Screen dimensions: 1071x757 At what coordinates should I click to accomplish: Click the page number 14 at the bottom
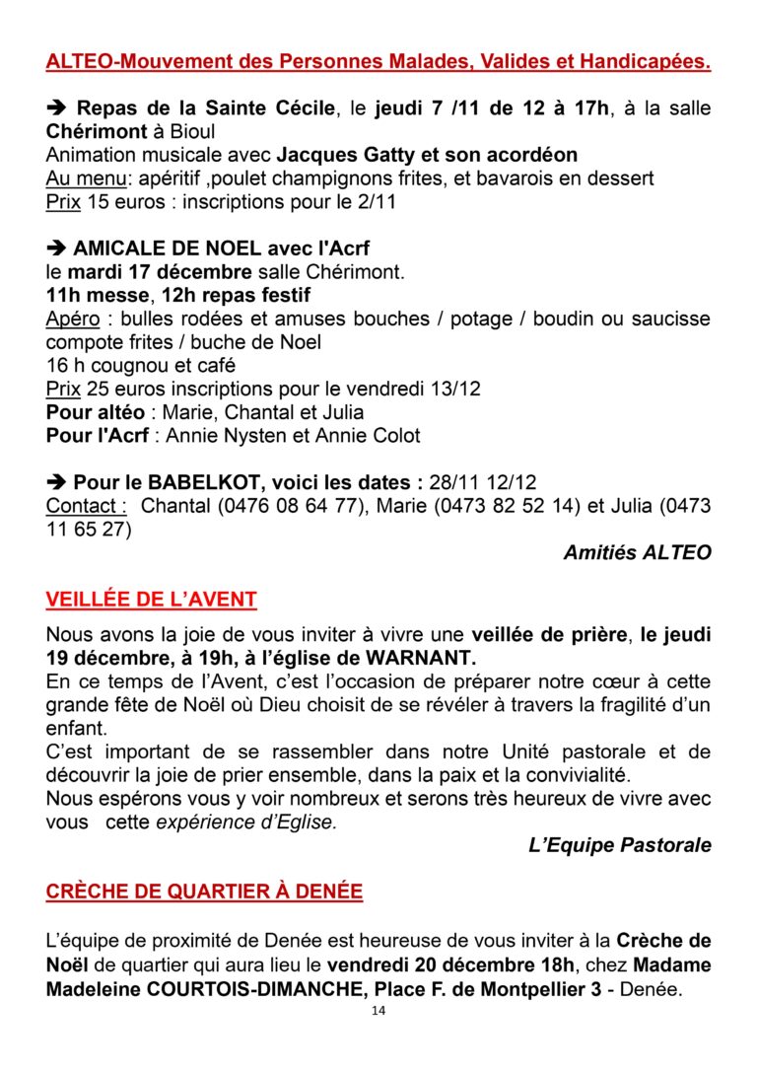[378, 1012]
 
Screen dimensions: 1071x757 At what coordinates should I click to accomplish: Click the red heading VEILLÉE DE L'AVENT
[151, 599]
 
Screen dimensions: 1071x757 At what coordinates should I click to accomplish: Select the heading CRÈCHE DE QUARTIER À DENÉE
[204, 892]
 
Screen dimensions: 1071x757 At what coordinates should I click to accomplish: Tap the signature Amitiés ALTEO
[637, 552]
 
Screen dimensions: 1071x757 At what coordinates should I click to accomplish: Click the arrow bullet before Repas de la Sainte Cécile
[56, 108]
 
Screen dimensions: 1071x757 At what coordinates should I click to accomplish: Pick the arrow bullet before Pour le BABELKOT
[56, 483]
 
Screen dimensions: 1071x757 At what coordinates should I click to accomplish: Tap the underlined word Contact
[86, 506]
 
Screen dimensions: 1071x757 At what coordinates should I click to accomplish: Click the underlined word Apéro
[75, 320]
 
